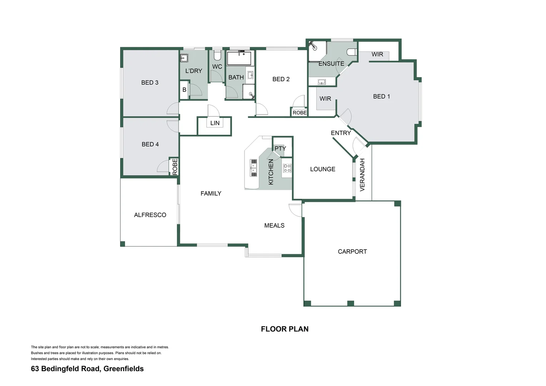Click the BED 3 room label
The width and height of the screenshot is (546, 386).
click(150, 83)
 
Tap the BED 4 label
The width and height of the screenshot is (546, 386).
click(150, 144)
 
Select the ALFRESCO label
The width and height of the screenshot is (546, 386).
click(150, 215)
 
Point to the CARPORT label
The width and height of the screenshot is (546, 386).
click(352, 252)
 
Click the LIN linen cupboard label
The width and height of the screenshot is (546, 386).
click(215, 123)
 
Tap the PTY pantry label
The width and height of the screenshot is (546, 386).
click(280, 148)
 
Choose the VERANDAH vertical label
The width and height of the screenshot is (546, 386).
click(362, 175)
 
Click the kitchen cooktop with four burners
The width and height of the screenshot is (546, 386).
click(287, 168)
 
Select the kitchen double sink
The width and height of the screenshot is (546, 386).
click(254, 168)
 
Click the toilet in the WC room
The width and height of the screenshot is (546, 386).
click(217, 55)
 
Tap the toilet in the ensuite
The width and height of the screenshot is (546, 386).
click(352, 53)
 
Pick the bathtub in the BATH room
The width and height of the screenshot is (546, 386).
click(239, 58)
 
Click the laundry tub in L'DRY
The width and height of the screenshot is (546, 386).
click(184, 58)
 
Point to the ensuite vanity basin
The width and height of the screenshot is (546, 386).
click(322, 82)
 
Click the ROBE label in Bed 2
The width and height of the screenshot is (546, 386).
click(299, 113)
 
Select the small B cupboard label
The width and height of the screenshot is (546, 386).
click(184, 90)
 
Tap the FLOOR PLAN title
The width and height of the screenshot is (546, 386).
click(284, 329)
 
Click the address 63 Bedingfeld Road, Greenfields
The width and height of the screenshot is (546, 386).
click(87, 369)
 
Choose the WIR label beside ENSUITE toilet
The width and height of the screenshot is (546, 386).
click(377, 54)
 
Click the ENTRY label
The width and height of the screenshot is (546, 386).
click(341, 133)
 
